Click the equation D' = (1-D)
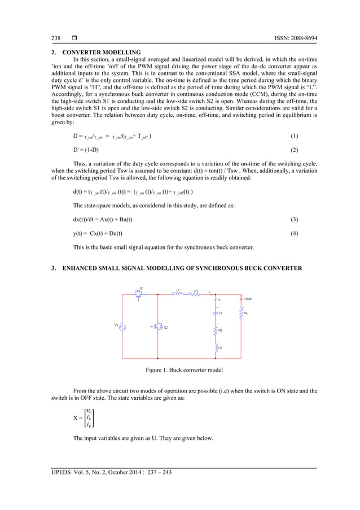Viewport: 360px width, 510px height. [x=86, y=151]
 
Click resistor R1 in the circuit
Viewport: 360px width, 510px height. [x=196, y=293]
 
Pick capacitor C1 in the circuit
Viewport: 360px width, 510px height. [x=215, y=312]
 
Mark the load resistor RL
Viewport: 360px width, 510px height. [x=241, y=312]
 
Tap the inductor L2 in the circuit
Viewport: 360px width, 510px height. [x=215, y=347]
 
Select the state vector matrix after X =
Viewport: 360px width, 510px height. [x=87, y=418]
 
